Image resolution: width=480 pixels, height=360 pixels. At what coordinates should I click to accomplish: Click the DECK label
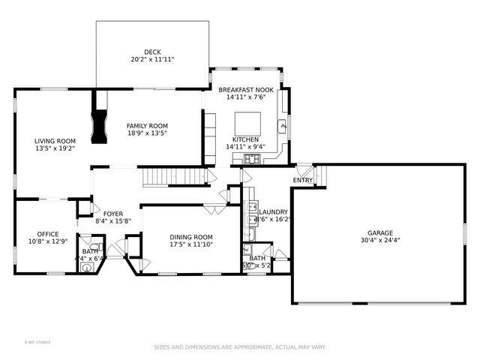pyautogui.click(x=152, y=52)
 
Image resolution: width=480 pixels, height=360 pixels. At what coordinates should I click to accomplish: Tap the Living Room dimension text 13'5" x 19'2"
pyautogui.click(x=55, y=148)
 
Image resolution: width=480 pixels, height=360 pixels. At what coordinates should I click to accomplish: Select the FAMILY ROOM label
pyautogui.click(x=147, y=125)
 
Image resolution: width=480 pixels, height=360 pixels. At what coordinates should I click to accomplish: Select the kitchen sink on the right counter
pyautogui.click(x=283, y=125)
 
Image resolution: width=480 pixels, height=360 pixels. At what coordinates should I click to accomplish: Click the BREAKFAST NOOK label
pyautogui.click(x=246, y=89)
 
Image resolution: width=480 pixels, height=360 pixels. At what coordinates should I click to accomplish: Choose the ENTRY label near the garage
pyautogui.click(x=303, y=180)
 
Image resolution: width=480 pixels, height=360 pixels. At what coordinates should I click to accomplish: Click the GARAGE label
pyautogui.click(x=379, y=232)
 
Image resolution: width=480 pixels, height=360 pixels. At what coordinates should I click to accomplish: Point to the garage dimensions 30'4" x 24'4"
pyautogui.click(x=379, y=241)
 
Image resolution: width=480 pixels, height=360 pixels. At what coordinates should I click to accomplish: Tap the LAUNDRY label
pyautogui.click(x=273, y=212)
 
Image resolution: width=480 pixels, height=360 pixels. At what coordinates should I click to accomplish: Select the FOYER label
pyautogui.click(x=113, y=213)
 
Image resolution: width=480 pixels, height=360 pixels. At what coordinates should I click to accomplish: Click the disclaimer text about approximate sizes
pyautogui.click(x=240, y=347)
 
